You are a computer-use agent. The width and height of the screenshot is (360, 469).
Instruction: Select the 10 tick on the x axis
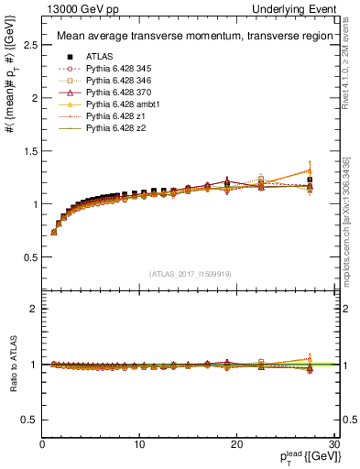(139, 444)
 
